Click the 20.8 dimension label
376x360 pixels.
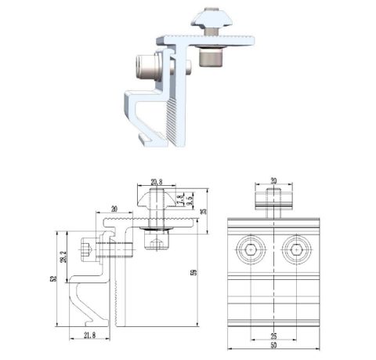(156, 181)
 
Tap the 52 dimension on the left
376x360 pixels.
(54, 278)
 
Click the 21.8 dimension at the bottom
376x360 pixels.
(91, 336)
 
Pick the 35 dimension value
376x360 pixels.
(202, 210)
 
